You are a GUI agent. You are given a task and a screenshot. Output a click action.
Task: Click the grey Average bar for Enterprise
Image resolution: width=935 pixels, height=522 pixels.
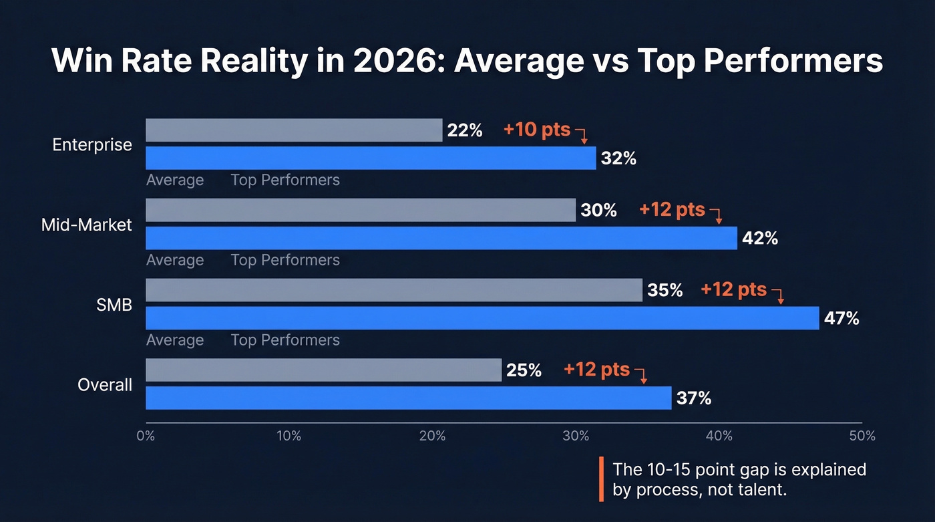(x=294, y=130)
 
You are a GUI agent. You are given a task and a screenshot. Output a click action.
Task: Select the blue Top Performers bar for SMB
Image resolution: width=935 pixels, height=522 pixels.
(x=482, y=318)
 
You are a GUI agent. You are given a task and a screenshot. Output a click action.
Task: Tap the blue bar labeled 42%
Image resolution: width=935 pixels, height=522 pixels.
(x=441, y=238)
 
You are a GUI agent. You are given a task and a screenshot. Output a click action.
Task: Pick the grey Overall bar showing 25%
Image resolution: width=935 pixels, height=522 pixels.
(x=323, y=370)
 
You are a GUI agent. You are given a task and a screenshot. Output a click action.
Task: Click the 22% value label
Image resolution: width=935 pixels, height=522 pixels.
(x=465, y=130)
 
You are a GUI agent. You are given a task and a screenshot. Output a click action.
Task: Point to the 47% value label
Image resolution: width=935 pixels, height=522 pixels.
(x=841, y=319)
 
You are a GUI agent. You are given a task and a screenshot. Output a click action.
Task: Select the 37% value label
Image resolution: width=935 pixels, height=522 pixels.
(x=694, y=399)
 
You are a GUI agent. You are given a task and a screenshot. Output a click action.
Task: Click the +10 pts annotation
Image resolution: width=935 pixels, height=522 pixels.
(x=537, y=129)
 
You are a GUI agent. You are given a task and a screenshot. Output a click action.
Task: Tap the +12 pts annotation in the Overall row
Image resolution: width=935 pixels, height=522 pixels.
(x=596, y=369)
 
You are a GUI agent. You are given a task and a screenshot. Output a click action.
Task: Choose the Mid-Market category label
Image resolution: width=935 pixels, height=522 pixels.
(x=87, y=225)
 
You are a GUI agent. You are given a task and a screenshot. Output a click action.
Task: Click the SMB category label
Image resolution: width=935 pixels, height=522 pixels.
(x=114, y=305)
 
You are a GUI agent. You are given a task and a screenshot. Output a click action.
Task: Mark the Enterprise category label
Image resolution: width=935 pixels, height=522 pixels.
(x=92, y=145)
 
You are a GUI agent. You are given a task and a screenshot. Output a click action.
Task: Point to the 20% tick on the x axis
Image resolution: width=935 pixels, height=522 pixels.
(x=432, y=436)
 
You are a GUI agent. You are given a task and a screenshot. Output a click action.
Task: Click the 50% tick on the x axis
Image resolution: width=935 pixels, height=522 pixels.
(x=862, y=436)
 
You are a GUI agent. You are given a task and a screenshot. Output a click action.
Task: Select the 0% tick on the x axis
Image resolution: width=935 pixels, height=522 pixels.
(x=146, y=436)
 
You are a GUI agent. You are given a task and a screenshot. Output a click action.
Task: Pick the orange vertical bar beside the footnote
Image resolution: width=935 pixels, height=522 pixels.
(x=601, y=479)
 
